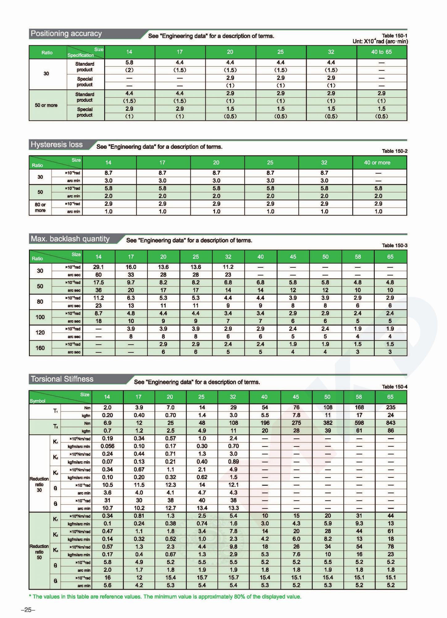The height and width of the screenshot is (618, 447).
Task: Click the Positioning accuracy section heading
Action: click(x=66, y=34)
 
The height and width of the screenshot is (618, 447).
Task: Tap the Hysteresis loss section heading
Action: click(x=56, y=145)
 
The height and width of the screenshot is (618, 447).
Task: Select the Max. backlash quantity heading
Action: click(x=70, y=239)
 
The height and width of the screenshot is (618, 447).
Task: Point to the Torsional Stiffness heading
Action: click(x=62, y=379)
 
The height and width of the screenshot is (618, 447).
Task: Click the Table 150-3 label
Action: click(x=395, y=246)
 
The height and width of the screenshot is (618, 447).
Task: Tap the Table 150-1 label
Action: click(x=395, y=36)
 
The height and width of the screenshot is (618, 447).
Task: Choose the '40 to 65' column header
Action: click(x=381, y=52)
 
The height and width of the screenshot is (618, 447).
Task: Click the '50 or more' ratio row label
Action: click(x=46, y=105)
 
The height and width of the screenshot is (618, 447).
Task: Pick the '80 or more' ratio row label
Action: click(x=40, y=207)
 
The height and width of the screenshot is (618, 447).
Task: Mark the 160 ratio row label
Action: click(x=40, y=348)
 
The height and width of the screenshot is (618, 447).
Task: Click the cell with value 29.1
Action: click(x=98, y=267)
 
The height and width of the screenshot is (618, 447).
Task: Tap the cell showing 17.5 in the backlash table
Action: click(x=98, y=282)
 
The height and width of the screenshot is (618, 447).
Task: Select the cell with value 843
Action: click(x=391, y=423)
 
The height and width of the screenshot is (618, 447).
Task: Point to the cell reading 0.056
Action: click(x=107, y=446)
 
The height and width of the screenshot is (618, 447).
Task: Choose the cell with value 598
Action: click(x=359, y=423)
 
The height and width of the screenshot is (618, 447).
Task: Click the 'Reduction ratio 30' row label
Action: click(x=39, y=485)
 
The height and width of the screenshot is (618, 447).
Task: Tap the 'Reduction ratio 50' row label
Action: click(x=39, y=552)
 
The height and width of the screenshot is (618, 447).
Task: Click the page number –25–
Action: click(x=28, y=610)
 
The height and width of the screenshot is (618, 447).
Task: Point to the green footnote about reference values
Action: click(x=167, y=597)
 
